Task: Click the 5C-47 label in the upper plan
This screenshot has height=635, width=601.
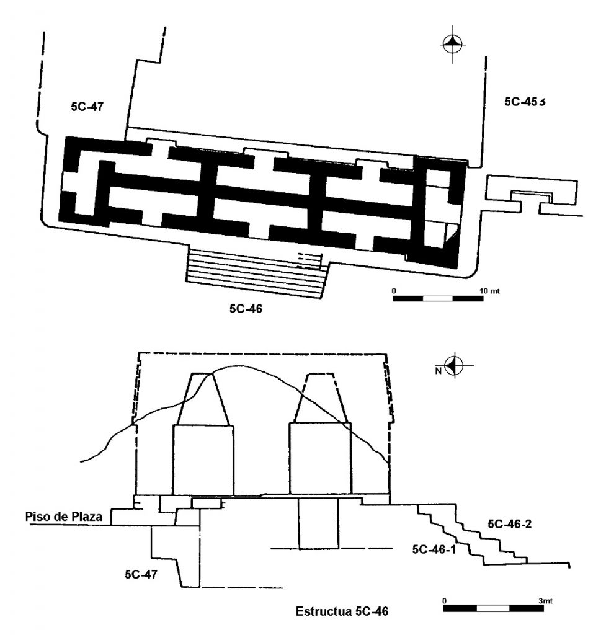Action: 87,107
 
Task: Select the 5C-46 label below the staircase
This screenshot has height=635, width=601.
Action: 246,309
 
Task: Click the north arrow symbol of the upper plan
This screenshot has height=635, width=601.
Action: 452,44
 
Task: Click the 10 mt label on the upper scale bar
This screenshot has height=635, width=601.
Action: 489,291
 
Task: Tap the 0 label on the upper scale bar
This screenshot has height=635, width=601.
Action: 394,291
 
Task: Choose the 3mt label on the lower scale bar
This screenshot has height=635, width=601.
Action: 545,601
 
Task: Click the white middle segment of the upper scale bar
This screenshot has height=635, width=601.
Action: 438,299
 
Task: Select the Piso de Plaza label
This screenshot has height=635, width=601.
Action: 64,517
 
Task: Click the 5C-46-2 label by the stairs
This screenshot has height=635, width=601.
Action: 509,524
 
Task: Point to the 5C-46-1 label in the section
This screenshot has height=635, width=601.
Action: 434,549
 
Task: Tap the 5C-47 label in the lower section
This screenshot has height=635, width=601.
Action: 141,574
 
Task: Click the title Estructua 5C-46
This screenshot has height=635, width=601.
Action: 342,611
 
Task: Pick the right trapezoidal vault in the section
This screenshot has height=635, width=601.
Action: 320,398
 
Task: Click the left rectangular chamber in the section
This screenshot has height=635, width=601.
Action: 203,460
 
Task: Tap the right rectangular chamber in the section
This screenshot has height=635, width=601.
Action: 320,459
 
